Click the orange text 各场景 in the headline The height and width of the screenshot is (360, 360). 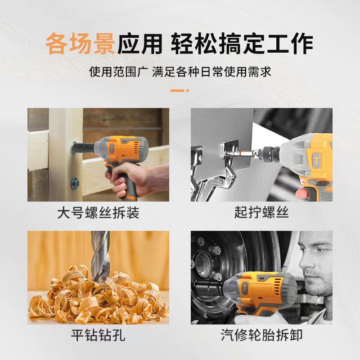(x=81, y=43)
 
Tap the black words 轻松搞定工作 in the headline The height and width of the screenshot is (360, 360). (x=242, y=43)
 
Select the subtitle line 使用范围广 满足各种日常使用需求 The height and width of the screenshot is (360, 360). (x=180, y=72)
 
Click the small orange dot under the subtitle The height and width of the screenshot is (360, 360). (x=188, y=90)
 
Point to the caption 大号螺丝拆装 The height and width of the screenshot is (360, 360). (x=98, y=212)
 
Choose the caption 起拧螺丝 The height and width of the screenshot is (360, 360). (x=261, y=212)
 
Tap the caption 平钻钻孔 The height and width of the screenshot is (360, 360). (x=98, y=335)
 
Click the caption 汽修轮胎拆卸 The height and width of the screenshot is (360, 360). (x=261, y=335)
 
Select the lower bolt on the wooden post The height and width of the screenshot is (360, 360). (x=75, y=184)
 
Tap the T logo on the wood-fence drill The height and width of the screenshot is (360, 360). (x=112, y=148)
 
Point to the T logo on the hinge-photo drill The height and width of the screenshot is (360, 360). (x=316, y=160)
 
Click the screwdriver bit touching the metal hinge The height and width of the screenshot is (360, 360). (x=239, y=153)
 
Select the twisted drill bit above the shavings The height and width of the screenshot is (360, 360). (x=100, y=256)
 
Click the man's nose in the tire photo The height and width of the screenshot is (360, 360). (x=305, y=262)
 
